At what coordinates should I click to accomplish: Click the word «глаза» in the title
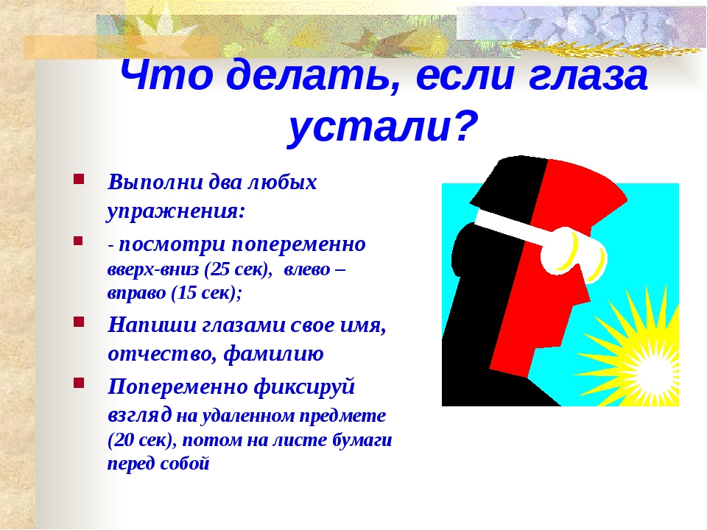pyautogui.click(x=588, y=75)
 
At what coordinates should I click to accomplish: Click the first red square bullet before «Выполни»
pyautogui.click(x=79, y=180)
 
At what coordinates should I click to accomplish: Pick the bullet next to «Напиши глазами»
pyautogui.click(x=79, y=322)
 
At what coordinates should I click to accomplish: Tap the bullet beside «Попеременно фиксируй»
pyautogui.click(x=79, y=383)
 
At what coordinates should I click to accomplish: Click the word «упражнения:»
pyautogui.click(x=176, y=211)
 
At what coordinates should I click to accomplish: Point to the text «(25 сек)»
pyautogui.click(x=238, y=269)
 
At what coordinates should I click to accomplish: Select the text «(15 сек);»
pyautogui.click(x=207, y=293)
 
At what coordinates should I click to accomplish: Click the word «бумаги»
pyautogui.click(x=362, y=440)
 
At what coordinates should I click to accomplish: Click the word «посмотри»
pyautogui.click(x=172, y=244)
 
